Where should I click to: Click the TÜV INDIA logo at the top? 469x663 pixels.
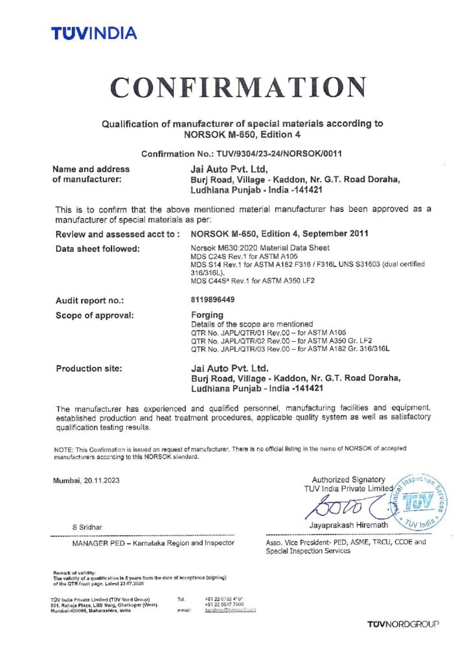[94, 33]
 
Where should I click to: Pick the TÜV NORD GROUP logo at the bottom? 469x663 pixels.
[403, 624]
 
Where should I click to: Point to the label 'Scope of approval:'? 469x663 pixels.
[95, 315]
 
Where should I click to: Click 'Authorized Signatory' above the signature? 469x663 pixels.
[349, 479]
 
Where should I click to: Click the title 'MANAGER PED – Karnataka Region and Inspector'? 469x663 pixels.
[154, 543]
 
